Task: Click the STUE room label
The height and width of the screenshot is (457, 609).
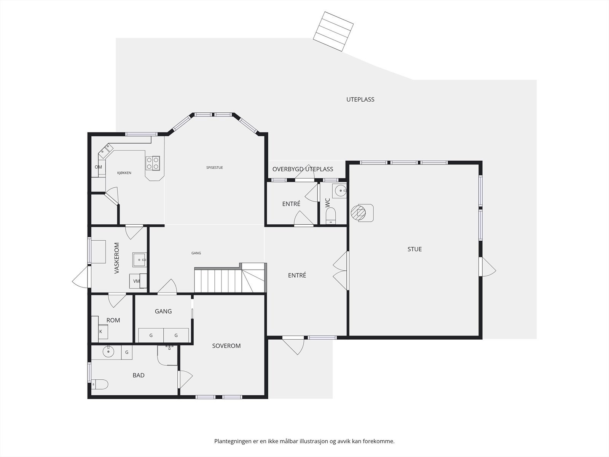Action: point(415,249)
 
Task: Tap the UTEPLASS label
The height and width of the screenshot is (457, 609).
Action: point(360,99)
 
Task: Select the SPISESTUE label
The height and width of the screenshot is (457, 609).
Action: point(214,168)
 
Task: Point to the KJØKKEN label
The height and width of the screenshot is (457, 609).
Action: point(124,173)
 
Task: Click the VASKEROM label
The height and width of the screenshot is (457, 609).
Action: point(116,258)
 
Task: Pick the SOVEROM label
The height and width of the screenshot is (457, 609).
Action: point(226,346)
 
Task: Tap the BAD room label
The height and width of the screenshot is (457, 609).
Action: point(139,375)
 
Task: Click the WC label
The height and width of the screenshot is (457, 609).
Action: point(328,203)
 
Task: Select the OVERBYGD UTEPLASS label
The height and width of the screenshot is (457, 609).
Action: point(303,169)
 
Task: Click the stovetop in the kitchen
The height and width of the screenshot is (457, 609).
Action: point(153,163)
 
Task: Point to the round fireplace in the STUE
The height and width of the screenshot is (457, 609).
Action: point(358,213)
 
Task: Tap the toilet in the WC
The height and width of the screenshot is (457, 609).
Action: point(330,216)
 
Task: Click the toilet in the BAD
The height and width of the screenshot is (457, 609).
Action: point(100,384)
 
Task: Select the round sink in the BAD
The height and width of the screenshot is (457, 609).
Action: point(108,352)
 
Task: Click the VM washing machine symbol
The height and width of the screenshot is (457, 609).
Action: point(136,281)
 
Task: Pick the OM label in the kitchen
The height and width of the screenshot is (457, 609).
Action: point(98,167)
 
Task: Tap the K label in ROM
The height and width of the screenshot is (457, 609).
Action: point(101,332)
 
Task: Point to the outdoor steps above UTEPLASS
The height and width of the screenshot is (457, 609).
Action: point(333,31)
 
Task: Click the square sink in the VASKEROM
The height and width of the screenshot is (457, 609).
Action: point(139,260)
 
